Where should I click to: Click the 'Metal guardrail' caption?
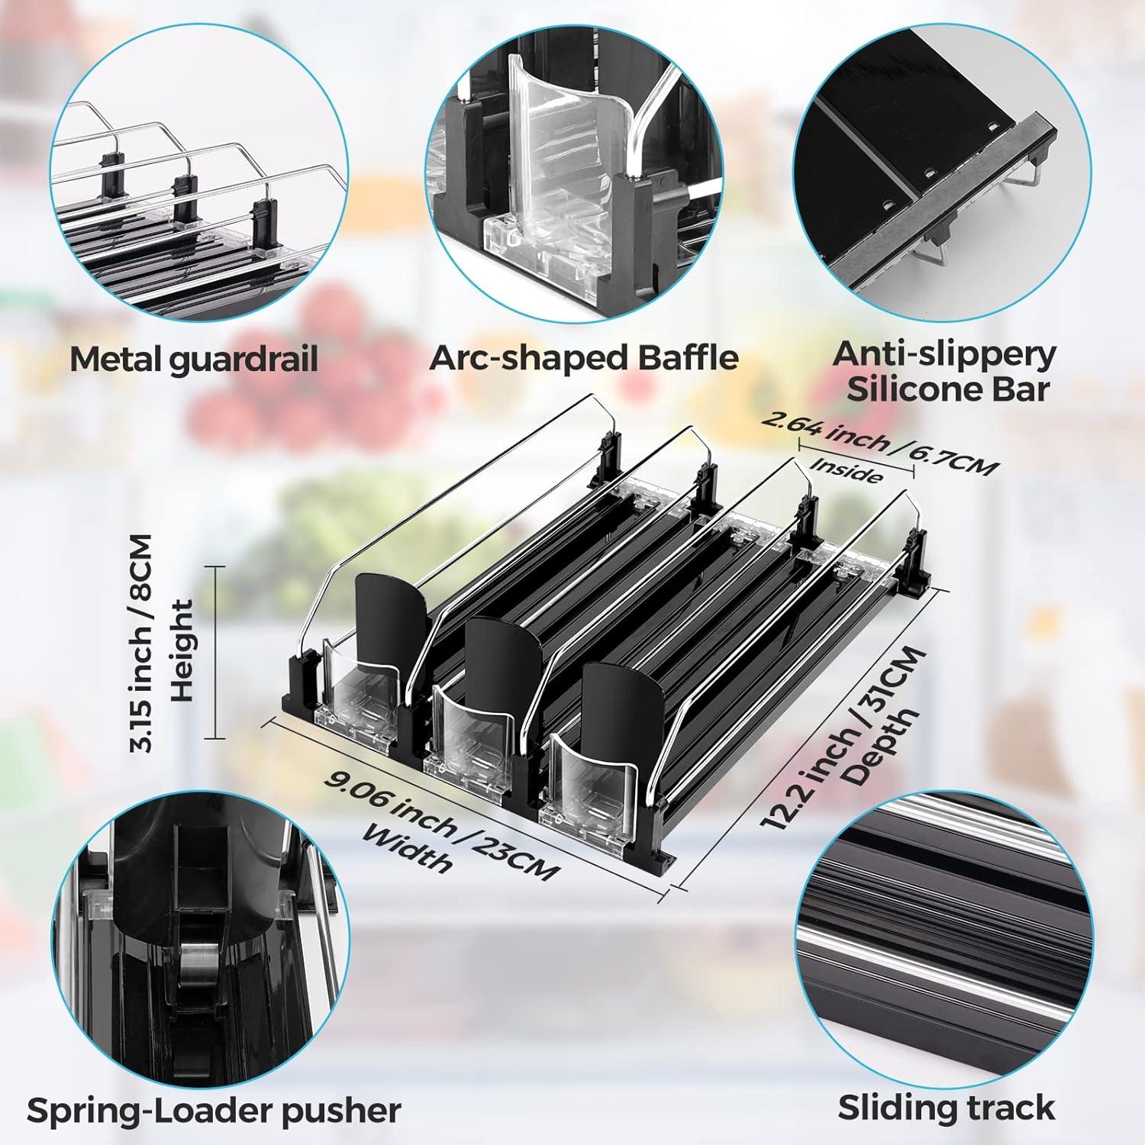[x=194, y=359]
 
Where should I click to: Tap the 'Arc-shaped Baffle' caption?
[x=584, y=357]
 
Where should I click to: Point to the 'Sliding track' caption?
[x=947, y=1107]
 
